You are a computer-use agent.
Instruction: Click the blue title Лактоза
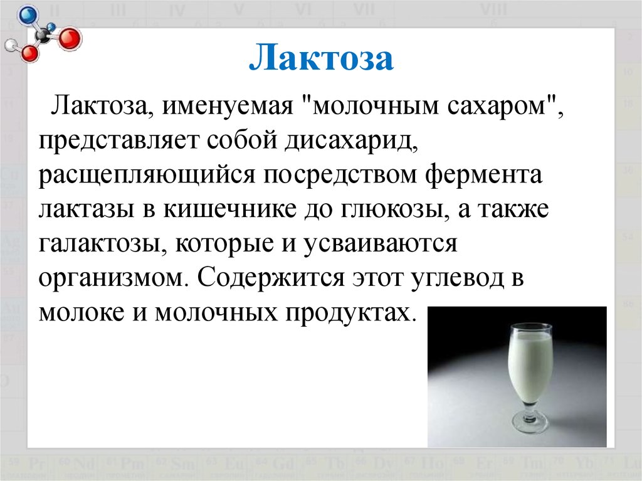click(x=322, y=57)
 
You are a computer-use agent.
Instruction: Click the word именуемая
click(x=228, y=106)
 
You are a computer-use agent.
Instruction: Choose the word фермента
click(x=483, y=175)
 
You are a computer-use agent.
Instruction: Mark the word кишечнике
click(x=229, y=209)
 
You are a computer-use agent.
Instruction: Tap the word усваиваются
click(x=381, y=244)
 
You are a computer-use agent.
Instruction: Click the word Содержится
click(x=271, y=278)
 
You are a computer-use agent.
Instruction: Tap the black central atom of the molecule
click(x=43, y=36)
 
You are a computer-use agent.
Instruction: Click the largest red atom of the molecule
click(x=70, y=39)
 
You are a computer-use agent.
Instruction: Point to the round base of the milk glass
click(x=530, y=422)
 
